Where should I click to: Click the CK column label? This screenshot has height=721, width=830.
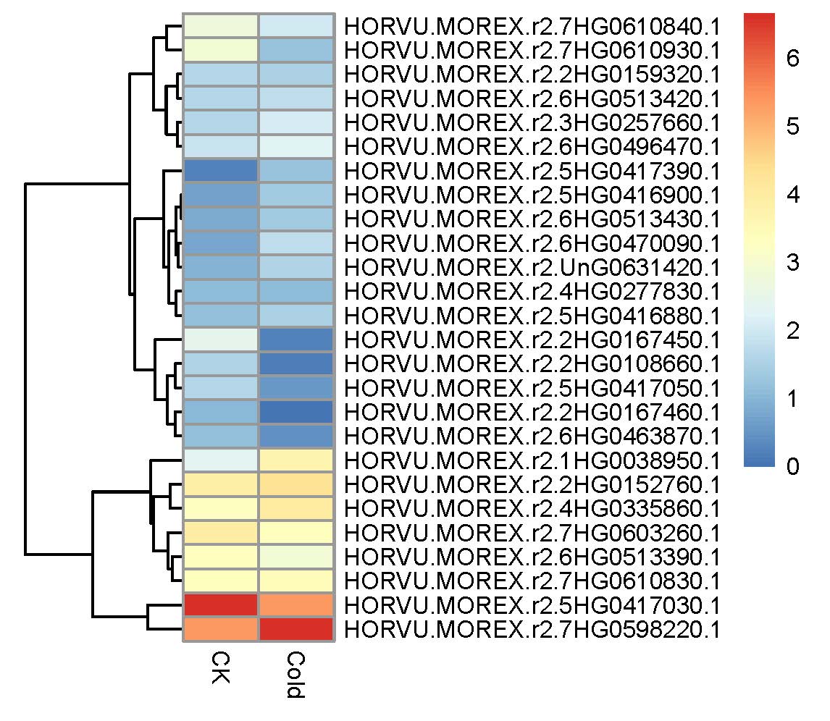[220, 667]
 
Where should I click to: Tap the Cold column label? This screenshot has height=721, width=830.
[295, 675]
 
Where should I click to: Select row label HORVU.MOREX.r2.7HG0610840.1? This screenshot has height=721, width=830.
[532, 26]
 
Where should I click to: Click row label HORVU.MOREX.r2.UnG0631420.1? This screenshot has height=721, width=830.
[532, 267]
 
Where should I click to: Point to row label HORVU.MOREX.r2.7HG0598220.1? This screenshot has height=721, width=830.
[532, 630]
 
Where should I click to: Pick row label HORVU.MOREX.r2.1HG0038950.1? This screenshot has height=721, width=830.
[532, 460]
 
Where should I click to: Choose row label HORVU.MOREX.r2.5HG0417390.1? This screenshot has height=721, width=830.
[532, 171]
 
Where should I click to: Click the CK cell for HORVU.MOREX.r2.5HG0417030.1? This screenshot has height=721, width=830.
[221, 605]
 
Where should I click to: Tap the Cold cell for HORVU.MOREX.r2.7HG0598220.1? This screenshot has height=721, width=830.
[296, 630]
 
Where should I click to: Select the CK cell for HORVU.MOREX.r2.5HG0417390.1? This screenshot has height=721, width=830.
[221, 171]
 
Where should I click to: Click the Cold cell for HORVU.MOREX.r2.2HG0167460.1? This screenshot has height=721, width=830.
[296, 412]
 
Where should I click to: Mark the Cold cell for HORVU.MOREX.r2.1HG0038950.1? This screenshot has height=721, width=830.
[296, 460]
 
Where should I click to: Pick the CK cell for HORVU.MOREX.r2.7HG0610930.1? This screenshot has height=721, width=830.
[221, 50]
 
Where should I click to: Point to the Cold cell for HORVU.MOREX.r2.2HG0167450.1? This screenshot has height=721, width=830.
[296, 340]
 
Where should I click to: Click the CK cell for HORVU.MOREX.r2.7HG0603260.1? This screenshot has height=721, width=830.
[221, 533]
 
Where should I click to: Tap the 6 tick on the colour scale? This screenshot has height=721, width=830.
[792, 58]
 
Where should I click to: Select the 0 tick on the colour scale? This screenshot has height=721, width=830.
[792, 466]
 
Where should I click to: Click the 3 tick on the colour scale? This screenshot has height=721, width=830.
[792, 262]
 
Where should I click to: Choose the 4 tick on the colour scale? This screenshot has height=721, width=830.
[792, 194]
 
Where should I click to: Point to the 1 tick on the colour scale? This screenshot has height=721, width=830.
[792, 398]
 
